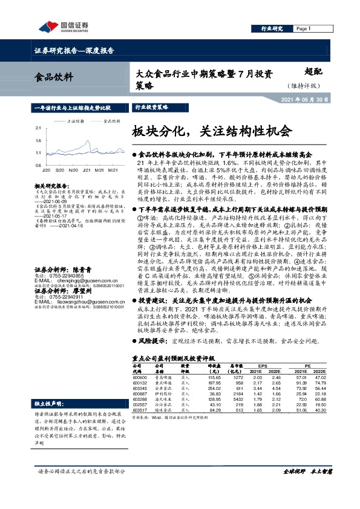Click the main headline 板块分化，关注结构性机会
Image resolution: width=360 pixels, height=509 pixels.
[212, 131]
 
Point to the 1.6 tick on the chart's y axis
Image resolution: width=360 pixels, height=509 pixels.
[38, 140]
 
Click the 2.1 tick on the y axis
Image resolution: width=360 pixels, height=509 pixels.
[38, 128]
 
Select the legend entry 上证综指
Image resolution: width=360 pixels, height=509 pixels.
[73, 121]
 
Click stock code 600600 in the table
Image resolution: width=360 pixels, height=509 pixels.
[140, 377]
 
